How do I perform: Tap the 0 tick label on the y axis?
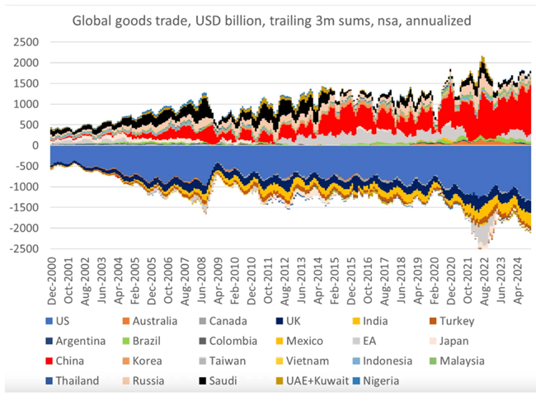pyautogui.click(x=35, y=145)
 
